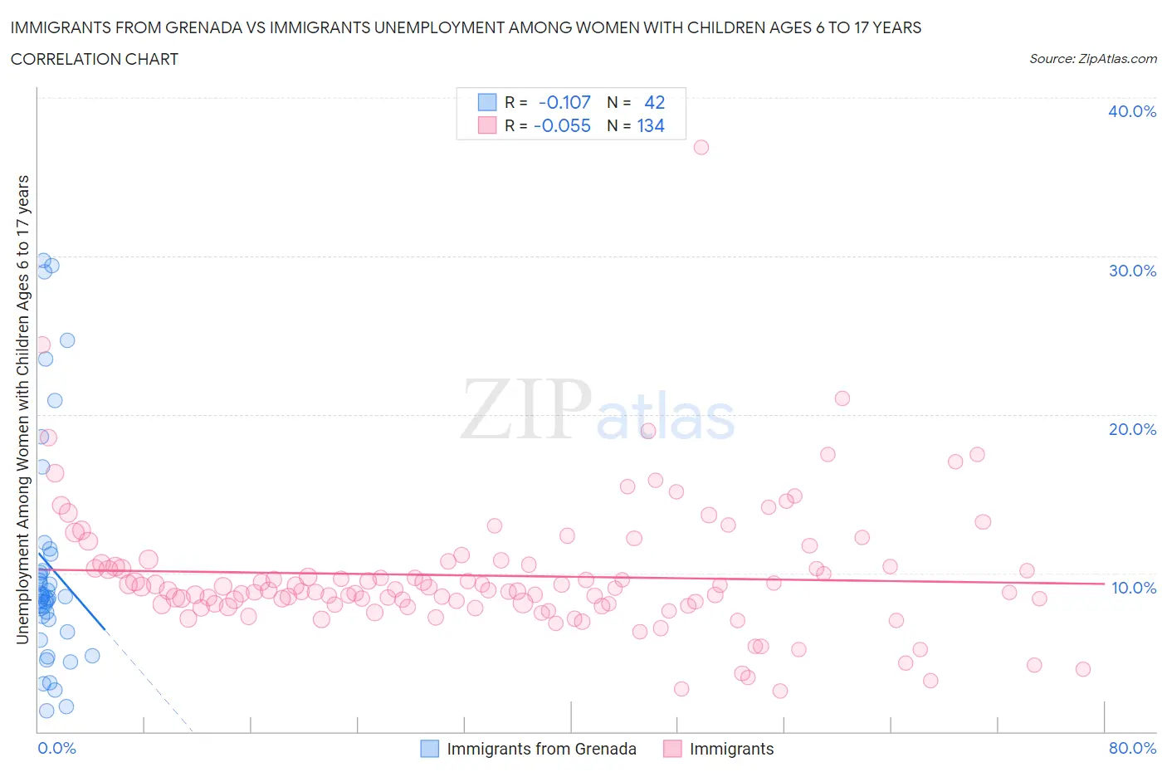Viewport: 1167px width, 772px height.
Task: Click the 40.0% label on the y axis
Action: click(x=1131, y=111)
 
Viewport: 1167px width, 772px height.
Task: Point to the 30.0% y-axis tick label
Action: click(x=1131, y=271)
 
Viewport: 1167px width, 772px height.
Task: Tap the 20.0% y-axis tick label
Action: click(x=1131, y=429)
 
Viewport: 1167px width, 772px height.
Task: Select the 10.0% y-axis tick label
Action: click(x=1133, y=588)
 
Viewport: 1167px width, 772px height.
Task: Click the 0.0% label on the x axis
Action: click(x=56, y=748)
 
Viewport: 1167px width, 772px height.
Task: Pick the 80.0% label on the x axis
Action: click(x=1132, y=748)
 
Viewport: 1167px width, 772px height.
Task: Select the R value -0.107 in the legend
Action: click(x=564, y=102)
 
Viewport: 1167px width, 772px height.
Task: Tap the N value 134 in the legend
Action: click(x=651, y=125)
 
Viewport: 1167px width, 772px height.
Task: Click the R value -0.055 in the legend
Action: click(x=562, y=125)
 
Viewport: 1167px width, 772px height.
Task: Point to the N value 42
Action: click(x=654, y=102)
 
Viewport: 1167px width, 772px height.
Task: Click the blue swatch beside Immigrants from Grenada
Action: click(x=429, y=749)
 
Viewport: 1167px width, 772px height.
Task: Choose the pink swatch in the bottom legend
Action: click(x=672, y=749)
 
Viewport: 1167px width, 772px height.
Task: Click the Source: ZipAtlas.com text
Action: click(x=1092, y=59)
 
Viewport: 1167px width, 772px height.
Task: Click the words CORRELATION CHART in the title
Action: click(x=95, y=59)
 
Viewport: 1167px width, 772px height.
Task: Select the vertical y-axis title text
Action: click(x=22, y=410)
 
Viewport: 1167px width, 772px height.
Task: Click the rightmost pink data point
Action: click(x=1082, y=669)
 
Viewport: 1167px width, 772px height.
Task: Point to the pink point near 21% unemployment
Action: click(x=842, y=398)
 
